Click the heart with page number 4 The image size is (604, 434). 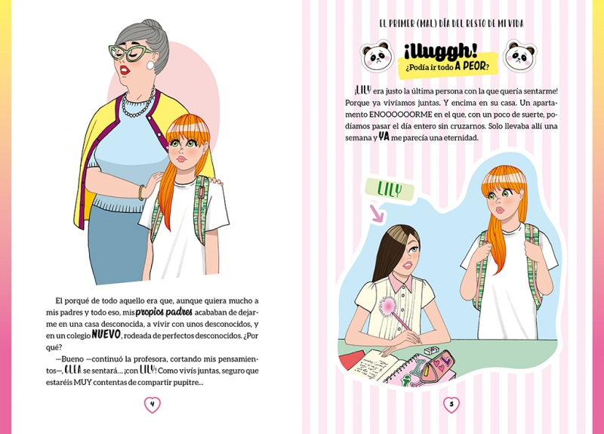tap(153, 405)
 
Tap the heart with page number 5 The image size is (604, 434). tap(451, 405)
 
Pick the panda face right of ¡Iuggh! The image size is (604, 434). tap(520, 56)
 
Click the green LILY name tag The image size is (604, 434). tap(390, 190)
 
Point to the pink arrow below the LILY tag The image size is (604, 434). tap(376, 214)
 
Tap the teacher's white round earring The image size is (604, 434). tap(149, 66)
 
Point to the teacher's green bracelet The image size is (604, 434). tap(141, 192)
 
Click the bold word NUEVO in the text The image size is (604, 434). tap(106, 334)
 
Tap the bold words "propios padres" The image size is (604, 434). tap(164, 312)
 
